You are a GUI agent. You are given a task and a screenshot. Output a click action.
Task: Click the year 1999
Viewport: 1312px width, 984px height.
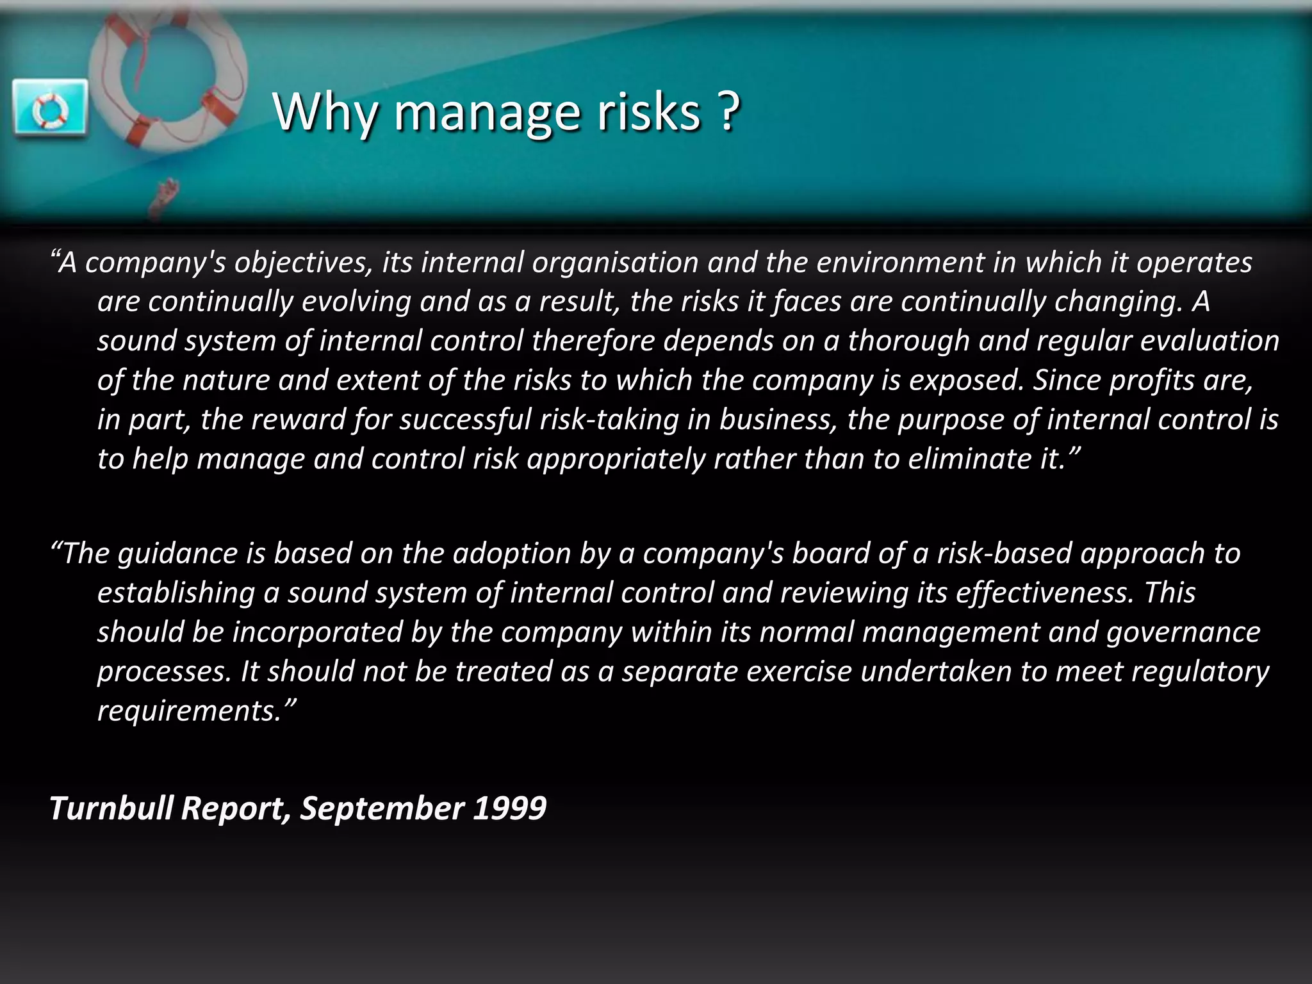pos(509,808)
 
